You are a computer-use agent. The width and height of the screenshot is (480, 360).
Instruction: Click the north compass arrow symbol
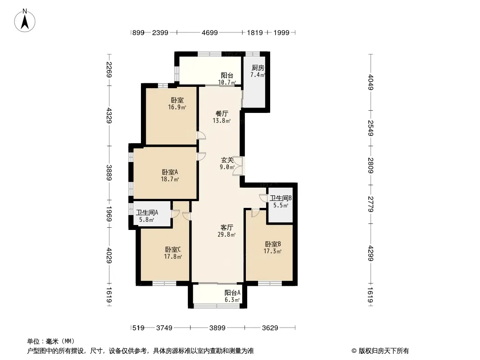point(26,21)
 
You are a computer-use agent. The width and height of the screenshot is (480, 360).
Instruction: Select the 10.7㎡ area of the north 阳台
point(227,83)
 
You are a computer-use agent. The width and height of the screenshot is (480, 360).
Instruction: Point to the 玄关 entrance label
point(227,160)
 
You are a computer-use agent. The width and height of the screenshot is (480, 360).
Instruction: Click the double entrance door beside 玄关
point(238,166)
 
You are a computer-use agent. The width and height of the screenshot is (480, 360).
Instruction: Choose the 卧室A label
point(170,172)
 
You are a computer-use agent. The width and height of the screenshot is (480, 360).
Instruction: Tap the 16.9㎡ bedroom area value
point(177,108)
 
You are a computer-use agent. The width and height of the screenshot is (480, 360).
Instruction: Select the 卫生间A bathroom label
point(147,213)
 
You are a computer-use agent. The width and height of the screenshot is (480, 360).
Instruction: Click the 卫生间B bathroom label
point(281,198)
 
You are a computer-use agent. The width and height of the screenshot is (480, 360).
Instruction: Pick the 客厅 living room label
point(226,227)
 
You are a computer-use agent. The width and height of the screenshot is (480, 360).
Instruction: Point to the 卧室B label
point(272,244)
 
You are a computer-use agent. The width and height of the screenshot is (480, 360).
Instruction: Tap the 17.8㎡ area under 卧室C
point(173,257)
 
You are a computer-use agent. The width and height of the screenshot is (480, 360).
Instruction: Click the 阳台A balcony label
point(232,292)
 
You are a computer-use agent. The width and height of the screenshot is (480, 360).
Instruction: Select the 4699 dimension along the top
point(210,32)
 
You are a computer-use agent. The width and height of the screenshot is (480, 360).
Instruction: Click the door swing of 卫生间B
point(263,198)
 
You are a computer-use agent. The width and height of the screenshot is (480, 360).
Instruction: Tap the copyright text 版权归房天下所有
point(383,351)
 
